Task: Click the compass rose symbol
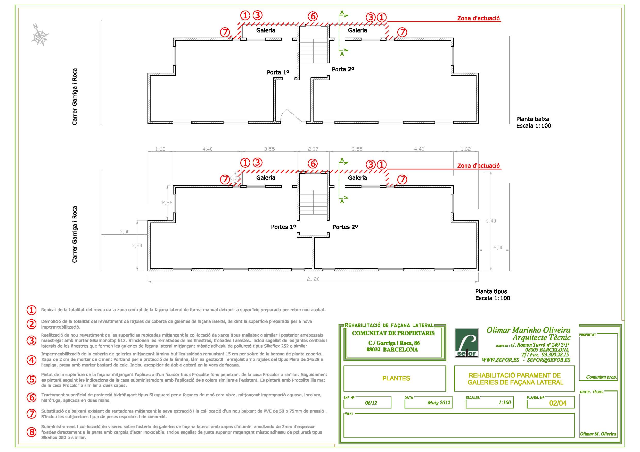(40, 35)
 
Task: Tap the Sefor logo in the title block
(466, 343)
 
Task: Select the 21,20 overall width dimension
(313, 279)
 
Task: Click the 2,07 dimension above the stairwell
(313, 149)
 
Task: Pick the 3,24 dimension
(137, 245)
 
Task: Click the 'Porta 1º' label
(278, 72)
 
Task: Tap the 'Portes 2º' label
(345, 227)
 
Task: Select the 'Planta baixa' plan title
(532, 119)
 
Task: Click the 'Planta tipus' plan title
(491, 291)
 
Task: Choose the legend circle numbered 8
(31, 432)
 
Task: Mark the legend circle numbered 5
(31, 379)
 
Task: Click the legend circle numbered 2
(31, 324)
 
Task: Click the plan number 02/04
(558, 403)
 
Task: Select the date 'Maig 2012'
(439, 403)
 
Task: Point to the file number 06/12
(371, 403)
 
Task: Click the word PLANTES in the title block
(396, 378)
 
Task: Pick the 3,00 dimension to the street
(125, 232)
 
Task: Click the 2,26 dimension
(167, 203)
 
